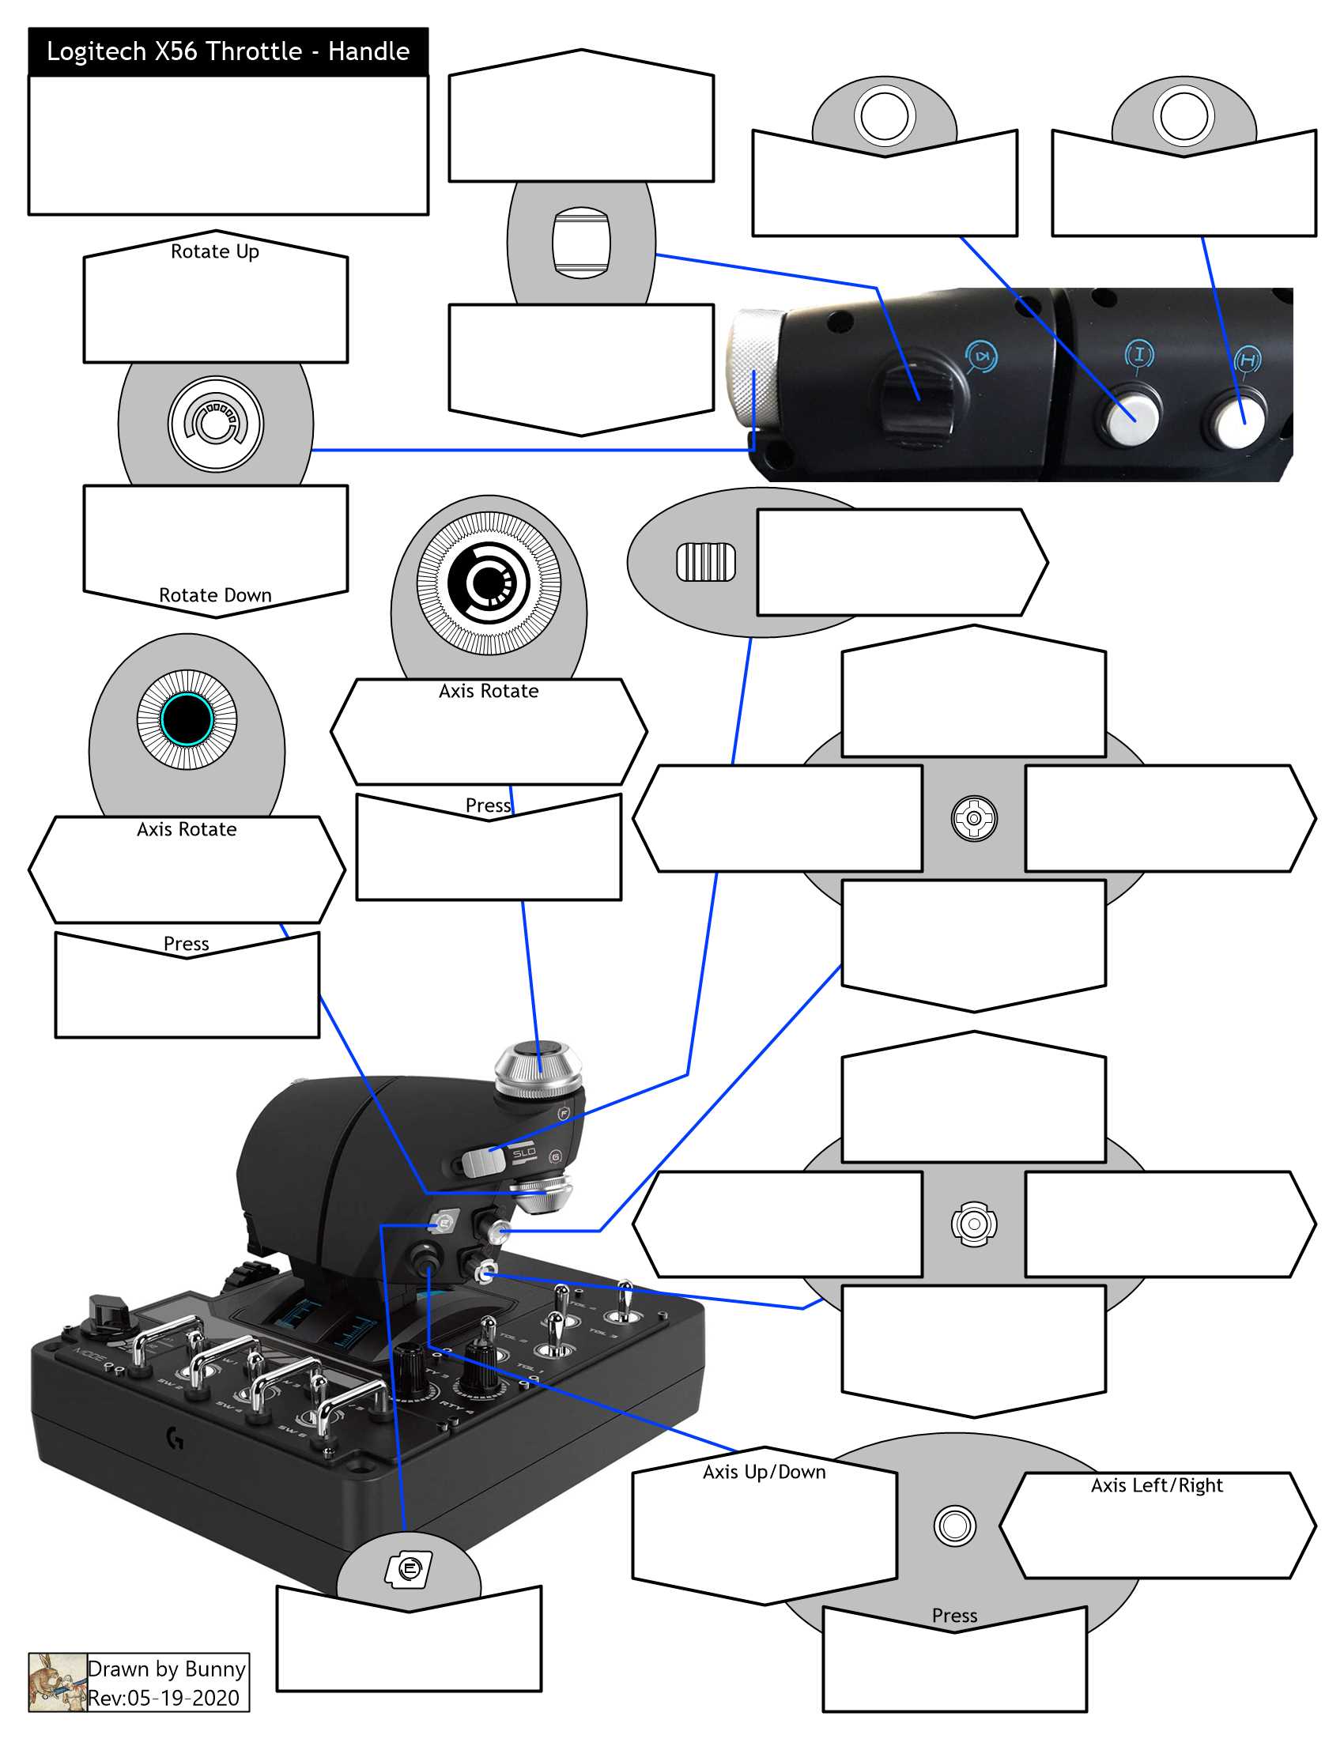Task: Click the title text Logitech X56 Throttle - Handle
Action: click(x=228, y=51)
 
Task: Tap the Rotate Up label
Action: click(x=215, y=251)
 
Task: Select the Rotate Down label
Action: click(x=215, y=594)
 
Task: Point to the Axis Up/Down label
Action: click(x=764, y=1472)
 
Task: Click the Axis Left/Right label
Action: click(x=1156, y=1485)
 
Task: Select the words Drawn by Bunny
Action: click(x=166, y=1668)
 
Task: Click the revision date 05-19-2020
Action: click(x=183, y=1698)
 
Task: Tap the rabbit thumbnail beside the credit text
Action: click(x=58, y=1681)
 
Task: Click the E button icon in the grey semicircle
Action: click(x=409, y=1569)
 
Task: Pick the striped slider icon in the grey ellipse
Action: click(x=705, y=562)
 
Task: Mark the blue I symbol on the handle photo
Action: click(x=1138, y=354)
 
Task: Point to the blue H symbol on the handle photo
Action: click(x=1248, y=360)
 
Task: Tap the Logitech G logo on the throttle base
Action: click(x=176, y=1438)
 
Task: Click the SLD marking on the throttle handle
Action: click(x=523, y=1153)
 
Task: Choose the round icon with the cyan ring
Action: click(x=187, y=719)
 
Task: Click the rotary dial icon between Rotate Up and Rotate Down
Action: click(x=215, y=424)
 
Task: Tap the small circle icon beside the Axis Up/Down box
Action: click(x=954, y=1526)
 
